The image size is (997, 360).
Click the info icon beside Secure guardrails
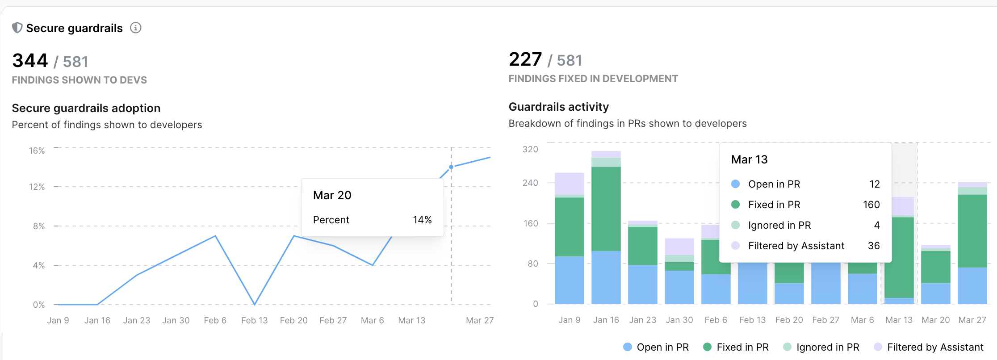pyautogui.click(x=136, y=28)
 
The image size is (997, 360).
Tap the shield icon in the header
pyautogui.click(x=17, y=28)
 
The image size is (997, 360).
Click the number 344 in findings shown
pyautogui.click(x=30, y=61)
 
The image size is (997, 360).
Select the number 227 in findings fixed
pyautogui.click(x=525, y=59)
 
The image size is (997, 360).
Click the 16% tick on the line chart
pyautogui.click(x=37, y=151)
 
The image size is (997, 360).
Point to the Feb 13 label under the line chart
pyautogui.click(x=254, y=320)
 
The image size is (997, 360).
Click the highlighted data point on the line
pyautogui.click(x=451, y=167)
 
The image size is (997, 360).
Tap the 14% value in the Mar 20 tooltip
pyautogui.click(x=422, y=220)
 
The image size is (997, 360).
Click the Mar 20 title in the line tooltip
pyautogui.click(x=332, y=195)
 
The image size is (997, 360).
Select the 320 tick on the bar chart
pyautogui.click(x=530, y=149)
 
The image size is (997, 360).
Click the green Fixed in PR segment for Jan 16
pyautogui.click(x=606, y=209)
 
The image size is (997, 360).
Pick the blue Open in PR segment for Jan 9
pyautogui.click(x=569, y=280)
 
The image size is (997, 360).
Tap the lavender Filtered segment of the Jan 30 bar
pyautogui.click(x=679, y=247)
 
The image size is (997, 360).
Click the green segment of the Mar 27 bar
pyautogui.click(x=972, y=231)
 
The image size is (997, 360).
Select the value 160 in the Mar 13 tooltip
pyautogui.click(x=871, y=205)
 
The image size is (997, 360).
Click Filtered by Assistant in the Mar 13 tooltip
pyautogui.click(x=796, y=246)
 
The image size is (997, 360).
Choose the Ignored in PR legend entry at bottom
pyautogui.click(x=827, y=347)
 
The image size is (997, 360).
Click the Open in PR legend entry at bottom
pyautogui.click(x=662, y=347)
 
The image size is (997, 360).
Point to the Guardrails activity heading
pyautogui.click(x=558, y=107)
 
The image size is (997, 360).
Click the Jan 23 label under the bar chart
pyautogui.click(x=642, y=320)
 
